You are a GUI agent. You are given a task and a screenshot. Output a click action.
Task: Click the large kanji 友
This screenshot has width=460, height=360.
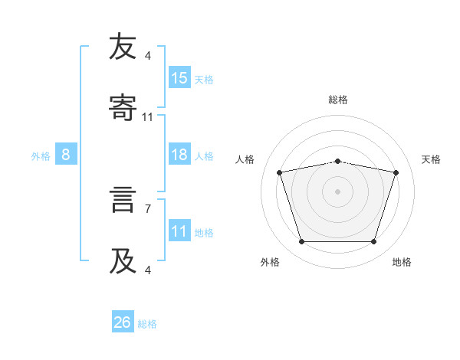point(123,46)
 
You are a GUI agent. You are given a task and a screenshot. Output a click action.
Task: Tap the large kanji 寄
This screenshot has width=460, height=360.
point(123,107)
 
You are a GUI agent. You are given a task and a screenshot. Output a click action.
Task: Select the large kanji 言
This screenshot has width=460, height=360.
point(123,199)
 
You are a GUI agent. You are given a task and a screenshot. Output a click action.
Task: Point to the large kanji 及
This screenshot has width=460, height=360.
point(123,260)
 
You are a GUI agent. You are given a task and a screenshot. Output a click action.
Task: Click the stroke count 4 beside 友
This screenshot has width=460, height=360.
point(148,56)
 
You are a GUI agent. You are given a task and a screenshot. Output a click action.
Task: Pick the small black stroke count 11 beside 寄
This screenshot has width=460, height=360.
point(147,117)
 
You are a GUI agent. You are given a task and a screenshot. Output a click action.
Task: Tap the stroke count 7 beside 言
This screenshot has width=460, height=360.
point(148,209)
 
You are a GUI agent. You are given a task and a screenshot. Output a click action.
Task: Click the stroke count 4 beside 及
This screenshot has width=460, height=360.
point(148,270)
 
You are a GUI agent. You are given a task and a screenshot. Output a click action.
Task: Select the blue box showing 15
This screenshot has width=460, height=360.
point(179,77)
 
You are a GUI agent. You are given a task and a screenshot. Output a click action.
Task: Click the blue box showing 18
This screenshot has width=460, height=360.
point(179,154)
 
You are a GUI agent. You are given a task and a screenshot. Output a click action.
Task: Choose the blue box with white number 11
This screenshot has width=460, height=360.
point(179,230)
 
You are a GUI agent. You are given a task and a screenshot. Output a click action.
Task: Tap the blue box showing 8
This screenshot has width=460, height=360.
point(66,154)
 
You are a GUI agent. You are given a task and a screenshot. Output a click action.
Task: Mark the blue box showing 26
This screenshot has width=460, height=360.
point(123,321)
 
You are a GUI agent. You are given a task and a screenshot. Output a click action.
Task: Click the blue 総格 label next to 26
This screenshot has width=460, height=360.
point(147,324)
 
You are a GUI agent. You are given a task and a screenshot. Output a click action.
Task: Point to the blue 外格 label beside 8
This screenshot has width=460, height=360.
point(41,156)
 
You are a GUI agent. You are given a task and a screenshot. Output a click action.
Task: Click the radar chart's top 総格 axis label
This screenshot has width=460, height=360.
point(338,100)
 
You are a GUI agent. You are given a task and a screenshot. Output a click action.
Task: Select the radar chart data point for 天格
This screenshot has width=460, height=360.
point(396,172)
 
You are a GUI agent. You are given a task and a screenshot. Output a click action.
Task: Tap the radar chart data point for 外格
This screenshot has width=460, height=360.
point(301,241)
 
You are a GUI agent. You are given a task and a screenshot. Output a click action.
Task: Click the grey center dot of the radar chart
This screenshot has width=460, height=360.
point(337,191)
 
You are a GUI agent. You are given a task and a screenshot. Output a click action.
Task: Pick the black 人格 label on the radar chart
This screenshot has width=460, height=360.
point(245,159)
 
